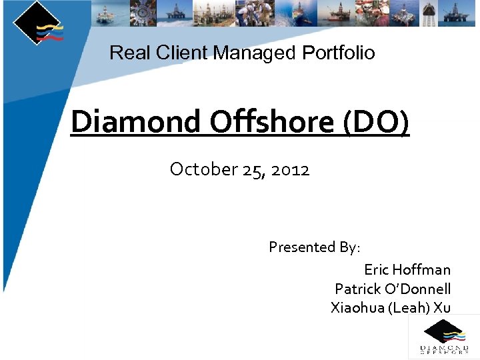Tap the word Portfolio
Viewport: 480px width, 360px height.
[339, 53]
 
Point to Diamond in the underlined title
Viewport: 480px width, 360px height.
[135, 122]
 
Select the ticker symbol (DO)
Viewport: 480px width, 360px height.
[377, 122]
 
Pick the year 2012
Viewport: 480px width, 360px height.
[291, 170]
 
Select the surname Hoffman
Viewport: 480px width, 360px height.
[421, 270]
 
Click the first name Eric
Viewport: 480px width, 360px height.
[377, 270]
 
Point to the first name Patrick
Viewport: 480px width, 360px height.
[357, 289]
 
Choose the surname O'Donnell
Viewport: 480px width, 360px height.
[417, 289]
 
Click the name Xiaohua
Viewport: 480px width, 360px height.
[357, 307]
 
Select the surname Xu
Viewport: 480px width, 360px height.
[442, 307]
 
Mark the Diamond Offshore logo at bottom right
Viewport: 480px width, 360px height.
[443, 337]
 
